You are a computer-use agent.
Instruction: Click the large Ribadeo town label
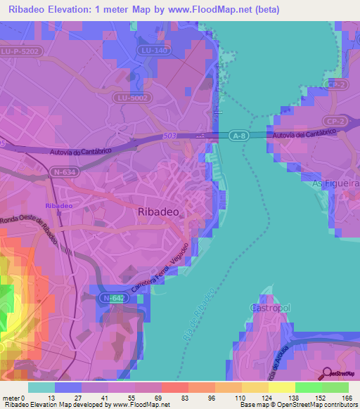coord(160,212)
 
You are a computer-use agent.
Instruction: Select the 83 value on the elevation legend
coord(166,398)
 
